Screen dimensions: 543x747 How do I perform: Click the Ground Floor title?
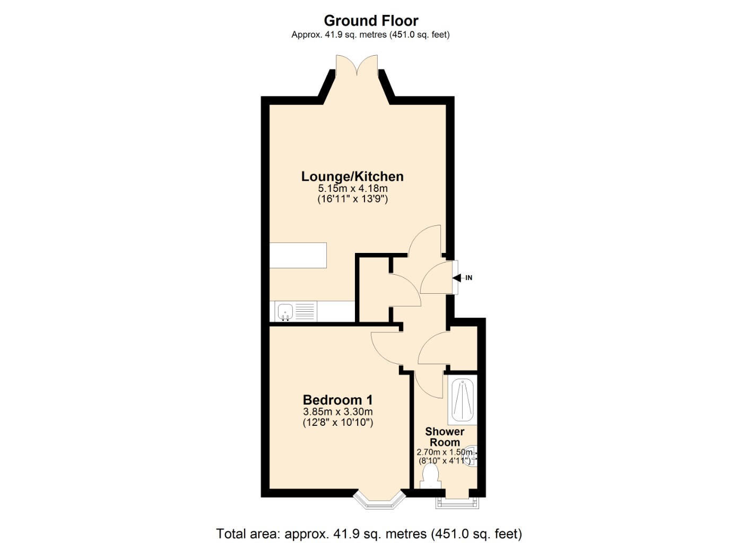(x=371, y=21)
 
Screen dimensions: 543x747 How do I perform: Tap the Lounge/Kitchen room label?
(x=352, y=177)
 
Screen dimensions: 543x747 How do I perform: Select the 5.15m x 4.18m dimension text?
(x=352, y=188)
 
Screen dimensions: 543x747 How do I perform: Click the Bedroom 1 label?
(x=337, y=400)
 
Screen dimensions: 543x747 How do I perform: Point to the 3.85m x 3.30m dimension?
(x=337, y=411)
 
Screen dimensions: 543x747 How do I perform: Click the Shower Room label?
(x=445, y=437)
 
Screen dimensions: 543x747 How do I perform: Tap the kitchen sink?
(x=285, y=311)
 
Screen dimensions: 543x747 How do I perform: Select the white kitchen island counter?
(x=298, y=255)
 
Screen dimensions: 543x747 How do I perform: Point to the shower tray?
(x=462, y=400)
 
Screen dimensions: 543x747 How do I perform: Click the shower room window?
(x=457, y=502)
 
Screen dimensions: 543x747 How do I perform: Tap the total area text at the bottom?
(x=369, y=533)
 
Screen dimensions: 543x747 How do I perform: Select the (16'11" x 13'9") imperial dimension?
(x=352, y=199)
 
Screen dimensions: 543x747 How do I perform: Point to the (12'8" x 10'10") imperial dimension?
(x=337, y=423)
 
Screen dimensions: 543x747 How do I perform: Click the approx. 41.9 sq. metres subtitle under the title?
(x=370, y=35)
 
